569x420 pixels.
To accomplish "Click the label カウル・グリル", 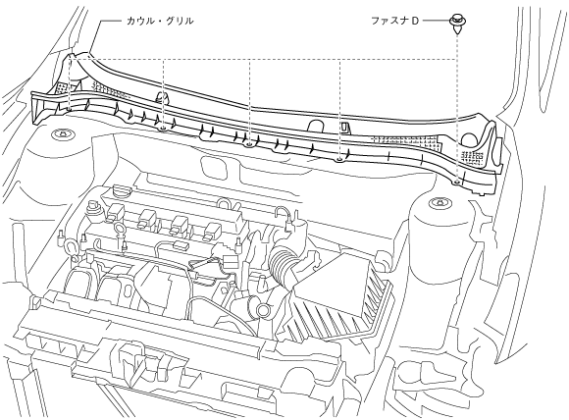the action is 160,21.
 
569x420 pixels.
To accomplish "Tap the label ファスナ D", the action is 394,21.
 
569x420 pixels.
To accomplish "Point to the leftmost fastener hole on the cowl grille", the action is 69,109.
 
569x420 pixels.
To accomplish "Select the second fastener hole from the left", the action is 163,128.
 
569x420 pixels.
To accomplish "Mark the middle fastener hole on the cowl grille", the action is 249,144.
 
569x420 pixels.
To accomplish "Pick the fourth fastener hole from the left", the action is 339,159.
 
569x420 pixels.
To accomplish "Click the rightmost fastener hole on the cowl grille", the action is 457,181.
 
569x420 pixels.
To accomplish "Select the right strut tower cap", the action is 439,202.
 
